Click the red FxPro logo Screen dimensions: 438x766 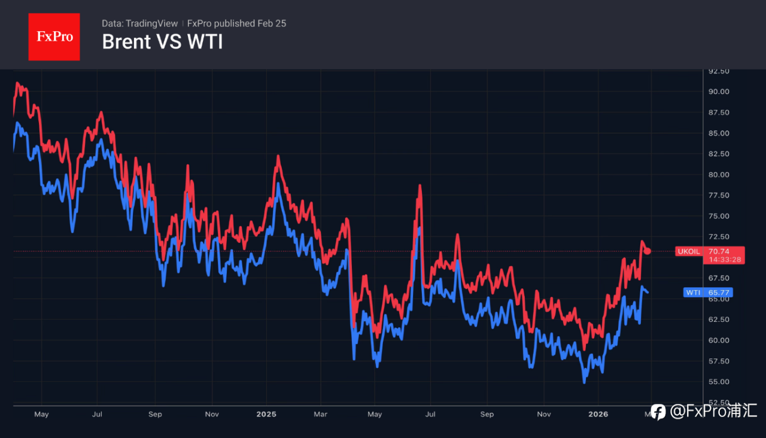coord(54,36)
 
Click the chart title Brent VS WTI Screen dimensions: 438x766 coord(162,42)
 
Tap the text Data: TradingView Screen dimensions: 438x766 coord(139,23)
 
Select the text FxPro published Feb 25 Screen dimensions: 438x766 coord(236,23)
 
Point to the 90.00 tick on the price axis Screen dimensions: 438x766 coord(719,92)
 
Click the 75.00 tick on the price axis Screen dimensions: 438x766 coord(719,216)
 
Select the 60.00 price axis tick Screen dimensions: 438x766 coord(719,340)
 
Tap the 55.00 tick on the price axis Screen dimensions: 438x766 coord(719,382)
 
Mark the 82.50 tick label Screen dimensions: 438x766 coord(719,154)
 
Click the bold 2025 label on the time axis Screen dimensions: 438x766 coord(266,414)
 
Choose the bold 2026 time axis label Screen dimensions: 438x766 coord(598,414)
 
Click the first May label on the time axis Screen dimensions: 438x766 coord(41,414)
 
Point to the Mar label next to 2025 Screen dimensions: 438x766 coord(321,414)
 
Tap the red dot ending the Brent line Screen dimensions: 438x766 coord(648,251)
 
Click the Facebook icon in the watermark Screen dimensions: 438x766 coord(658,412)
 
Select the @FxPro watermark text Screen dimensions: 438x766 coord(713,412)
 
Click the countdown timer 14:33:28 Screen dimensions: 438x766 coord(725,260)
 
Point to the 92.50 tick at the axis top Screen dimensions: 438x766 coord(719,71)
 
